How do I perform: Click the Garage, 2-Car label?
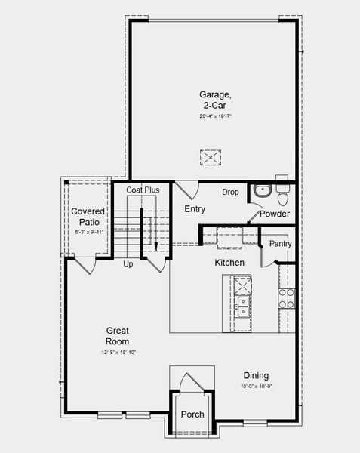pyautogui.click(x=215, y=100)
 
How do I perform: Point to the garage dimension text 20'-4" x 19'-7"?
pyautogui.click(x=215, y=117)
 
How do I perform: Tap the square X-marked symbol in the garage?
pyautogui.click(x=211, y=158)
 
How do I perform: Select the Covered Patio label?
pyautogui.click(x=87, y=217)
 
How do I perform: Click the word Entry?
pyautogui.click(x=195, y=209)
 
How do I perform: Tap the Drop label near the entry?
pyautogui.click(x=230, y=193)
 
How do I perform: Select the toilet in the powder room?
pyautogui.click(x=282, y=195)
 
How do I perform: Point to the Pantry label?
pyautogui.click(x=280, y=244)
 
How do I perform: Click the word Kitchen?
pyautogui.click(x=229, y=262)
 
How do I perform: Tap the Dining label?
pyautogui.click(x=256, y=376)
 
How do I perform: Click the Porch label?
pyautogui.click(x=192, y=414)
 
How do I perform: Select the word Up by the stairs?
pyautogui.click(x=128, y=264)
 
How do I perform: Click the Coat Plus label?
pyautogui.click(x=143, y=190)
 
